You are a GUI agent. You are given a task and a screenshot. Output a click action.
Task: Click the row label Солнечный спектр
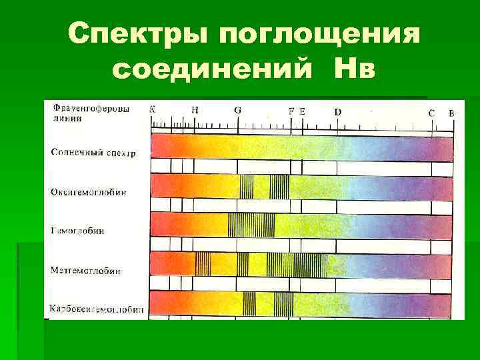(93, 153)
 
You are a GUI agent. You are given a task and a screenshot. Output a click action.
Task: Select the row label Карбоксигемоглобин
(97, 309)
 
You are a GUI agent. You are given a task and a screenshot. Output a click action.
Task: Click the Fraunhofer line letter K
(153, 110)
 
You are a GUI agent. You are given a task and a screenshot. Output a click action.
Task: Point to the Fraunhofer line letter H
(195, 110)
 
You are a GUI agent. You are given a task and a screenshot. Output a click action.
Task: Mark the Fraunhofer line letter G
(238, 110)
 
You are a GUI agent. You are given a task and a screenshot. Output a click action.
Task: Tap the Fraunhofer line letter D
(338, 112)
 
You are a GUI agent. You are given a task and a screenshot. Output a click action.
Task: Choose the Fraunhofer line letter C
(431, 113)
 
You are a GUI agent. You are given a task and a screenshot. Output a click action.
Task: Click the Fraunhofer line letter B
(451, 113)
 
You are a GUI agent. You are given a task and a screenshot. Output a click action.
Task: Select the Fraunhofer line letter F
(291, 111)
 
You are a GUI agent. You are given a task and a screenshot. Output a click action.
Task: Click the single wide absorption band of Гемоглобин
(251, 225)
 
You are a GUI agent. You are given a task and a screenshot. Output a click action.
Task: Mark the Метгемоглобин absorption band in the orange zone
(203, 265)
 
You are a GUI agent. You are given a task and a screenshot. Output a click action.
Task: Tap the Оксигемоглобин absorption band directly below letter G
(247, 187)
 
